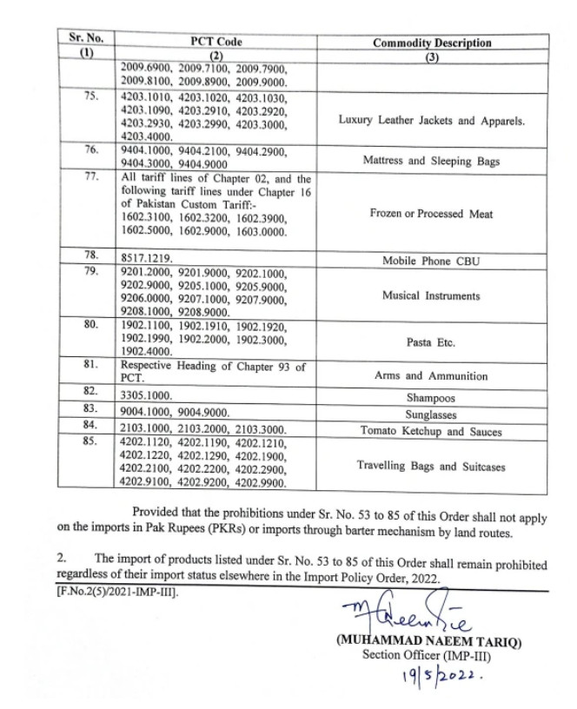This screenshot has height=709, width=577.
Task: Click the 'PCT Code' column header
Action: [x=216, y=42]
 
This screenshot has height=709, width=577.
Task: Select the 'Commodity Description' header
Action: [x=432, y=43]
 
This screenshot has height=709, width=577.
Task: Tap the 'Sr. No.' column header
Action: [x=86, y=39]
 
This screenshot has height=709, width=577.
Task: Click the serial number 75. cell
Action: [x=90, y=96]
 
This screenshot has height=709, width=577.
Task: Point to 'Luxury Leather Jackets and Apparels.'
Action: [x=432, y=121]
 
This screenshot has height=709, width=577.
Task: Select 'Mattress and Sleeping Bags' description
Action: [x=432, y=162]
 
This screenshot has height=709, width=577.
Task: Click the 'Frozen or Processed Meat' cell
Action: [x=432, y=214]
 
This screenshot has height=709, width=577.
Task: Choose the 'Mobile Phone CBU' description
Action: [x=432, y=260]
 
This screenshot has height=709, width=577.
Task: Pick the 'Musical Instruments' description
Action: [x=432, y=296]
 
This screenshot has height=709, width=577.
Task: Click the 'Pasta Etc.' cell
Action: [x=432, y=342]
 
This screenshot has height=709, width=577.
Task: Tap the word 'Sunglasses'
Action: [x=432, y=412]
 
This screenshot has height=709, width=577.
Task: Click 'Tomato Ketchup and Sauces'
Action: [x=432, y=430]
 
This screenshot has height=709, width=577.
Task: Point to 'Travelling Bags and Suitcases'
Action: [x=432, y=467]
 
